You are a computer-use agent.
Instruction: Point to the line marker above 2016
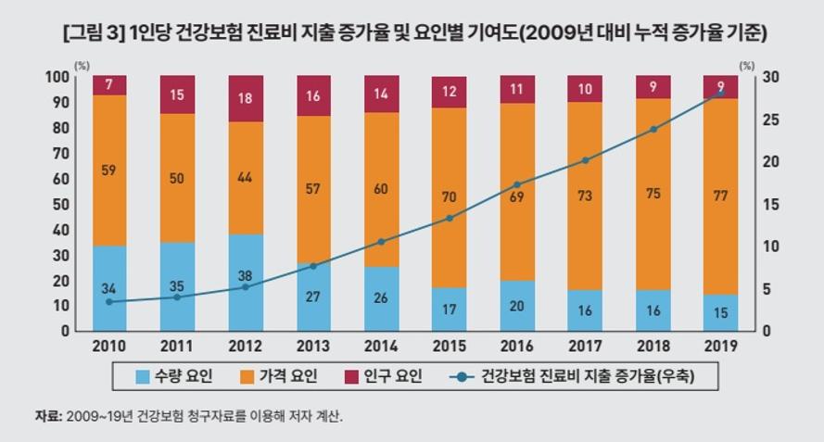click(x=517, y=185)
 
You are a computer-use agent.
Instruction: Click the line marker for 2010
click(x=109, y=302)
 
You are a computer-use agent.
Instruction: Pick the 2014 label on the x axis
click(x=382, y=347)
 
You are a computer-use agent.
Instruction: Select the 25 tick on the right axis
click(x=768, y=120)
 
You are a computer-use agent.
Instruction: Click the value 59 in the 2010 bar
click(x=109, y=170)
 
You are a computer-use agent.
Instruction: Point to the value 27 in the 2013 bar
click(x=313, y=297)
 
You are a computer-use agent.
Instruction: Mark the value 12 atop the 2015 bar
click(x=450, y=92)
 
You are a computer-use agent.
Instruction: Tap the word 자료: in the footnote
click(x=47, y=416)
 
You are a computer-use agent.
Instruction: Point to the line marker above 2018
click(x=653, y=129)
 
